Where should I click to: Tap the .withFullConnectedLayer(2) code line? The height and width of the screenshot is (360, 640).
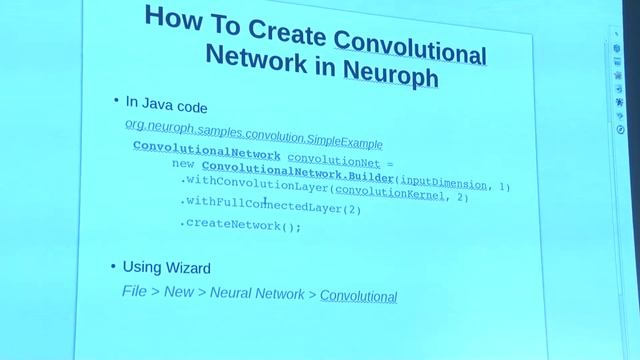pyautogui.click(x=270, y=208)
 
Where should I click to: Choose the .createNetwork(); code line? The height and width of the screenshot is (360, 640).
pyautogui.click(x=241, y=226)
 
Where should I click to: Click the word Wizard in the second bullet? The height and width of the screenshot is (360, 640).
pyautogui.click(x=187, y=268)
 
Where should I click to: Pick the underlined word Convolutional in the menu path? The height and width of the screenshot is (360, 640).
pyautogui.click(x=358, y=296)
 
